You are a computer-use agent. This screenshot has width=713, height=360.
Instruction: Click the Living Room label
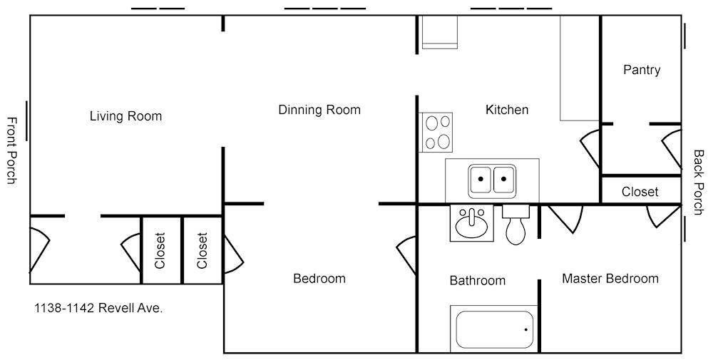click(x=125, y=116)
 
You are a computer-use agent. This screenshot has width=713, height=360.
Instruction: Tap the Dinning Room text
click(x=319, y=110)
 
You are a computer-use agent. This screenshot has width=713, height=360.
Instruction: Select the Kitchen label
click(x=507, y=110)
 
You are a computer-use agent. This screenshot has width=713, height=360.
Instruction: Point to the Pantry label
click(x=642, y=70)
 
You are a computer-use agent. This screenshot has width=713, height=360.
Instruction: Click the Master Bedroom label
click(x=610, y=278)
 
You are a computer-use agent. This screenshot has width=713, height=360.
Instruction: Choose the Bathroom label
click(x=478, y=280)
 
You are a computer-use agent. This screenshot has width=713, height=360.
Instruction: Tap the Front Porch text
click(x=12, y=150)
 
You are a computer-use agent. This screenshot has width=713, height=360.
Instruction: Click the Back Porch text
click(x=699, y=182)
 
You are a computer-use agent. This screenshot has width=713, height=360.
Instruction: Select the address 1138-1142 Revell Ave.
click(x=98, y=308)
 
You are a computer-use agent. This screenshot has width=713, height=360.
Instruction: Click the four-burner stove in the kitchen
click(x=436, y=133)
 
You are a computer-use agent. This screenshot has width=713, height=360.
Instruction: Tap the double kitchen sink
click(x=492, y=181)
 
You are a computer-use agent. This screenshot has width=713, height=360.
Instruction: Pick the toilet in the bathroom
click(x=515, y=225)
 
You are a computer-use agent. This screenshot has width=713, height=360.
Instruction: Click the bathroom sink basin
click(x=471, y=222)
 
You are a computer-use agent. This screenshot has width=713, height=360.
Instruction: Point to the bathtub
click(x=494, y=329)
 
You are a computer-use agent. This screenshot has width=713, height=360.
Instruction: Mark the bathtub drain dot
click(x=526, y=329)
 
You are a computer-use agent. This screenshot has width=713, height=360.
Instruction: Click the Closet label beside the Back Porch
click(x=640, y=192)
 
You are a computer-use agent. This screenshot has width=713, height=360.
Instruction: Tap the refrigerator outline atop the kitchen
click(x=439, y=32)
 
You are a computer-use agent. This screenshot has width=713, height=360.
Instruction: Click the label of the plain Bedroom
click(x=319, y=278)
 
